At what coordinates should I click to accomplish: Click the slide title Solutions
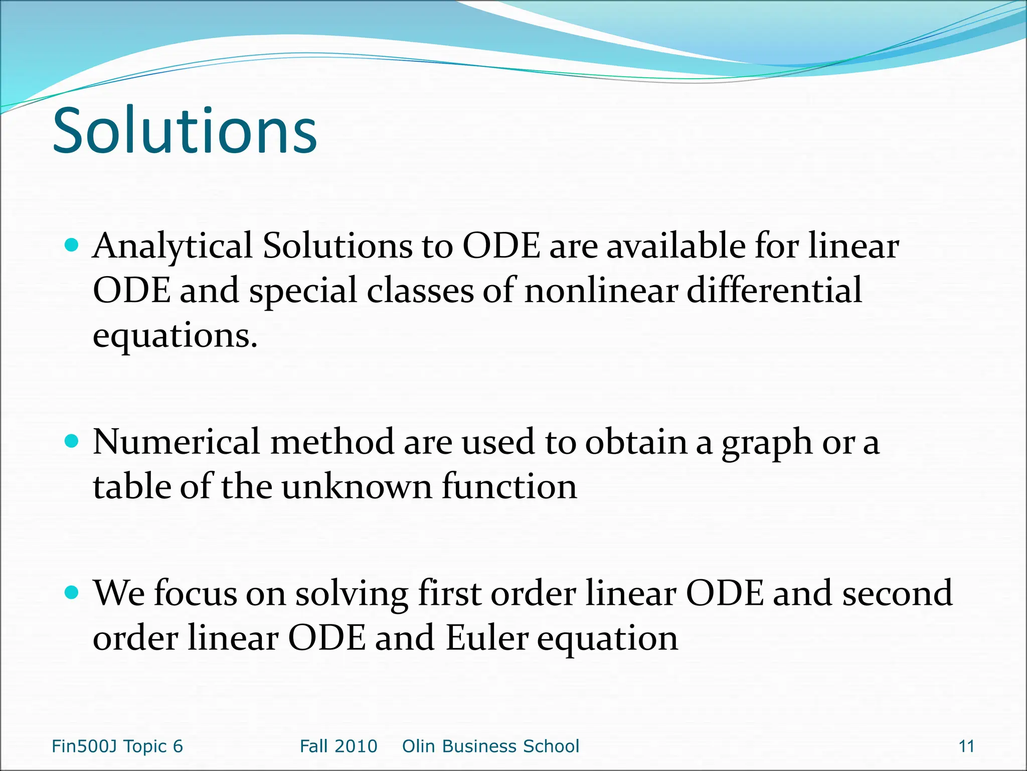coord(185,132)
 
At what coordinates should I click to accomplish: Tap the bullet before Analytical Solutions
coord(73,245)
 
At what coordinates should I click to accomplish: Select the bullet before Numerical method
coord(73,441)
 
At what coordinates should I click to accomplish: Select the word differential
coord(774,291)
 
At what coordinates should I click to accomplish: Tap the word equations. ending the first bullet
coord(175,335)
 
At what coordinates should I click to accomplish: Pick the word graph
coord(767,444)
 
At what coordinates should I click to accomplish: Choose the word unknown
coord(357,487)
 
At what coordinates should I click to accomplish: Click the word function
coord(509,487)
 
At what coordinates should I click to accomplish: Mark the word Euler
coord(487,638)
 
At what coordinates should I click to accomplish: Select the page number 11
coord(966,746)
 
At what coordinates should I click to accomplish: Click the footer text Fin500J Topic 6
coord(117,746)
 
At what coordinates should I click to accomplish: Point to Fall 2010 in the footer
coord(338,746)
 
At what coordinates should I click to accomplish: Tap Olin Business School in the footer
coord(490,746)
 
